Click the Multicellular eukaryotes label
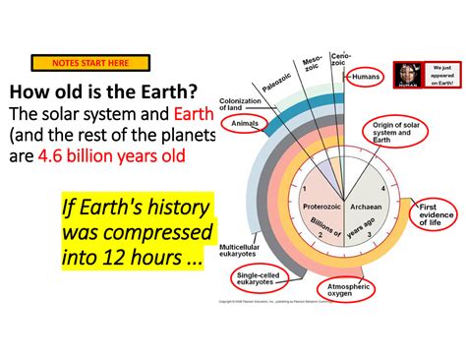240,250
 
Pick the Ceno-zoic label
341,58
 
